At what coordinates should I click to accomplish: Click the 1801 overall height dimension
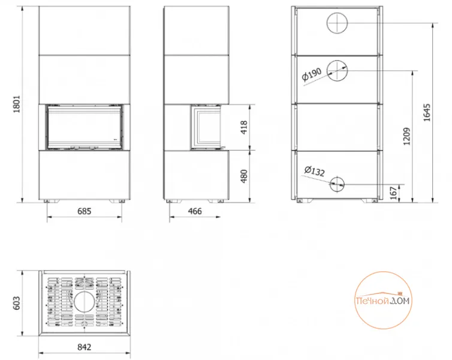(17, 104)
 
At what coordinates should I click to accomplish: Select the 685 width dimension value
(84, 211)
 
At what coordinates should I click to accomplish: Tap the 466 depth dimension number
(195, 211)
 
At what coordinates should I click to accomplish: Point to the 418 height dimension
(244, 127)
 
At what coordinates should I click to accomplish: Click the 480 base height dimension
(244, 176)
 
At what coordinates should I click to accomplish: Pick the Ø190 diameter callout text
(312, 74)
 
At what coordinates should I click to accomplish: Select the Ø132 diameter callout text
(315, 171)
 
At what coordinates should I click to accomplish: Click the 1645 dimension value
(427, 113)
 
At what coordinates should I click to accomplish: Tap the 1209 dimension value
(407, 136)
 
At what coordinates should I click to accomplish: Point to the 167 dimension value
(393, 193)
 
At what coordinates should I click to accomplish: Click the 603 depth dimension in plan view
(17, 303)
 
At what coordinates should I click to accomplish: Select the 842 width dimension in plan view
(84, 347)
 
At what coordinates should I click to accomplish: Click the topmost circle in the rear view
(327, 23)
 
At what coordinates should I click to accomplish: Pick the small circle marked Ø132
(330, 184)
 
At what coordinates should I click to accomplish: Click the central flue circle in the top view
(74, 302)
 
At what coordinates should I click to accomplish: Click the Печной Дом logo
(383, 300)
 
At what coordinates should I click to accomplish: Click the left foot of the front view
(46, 201)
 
